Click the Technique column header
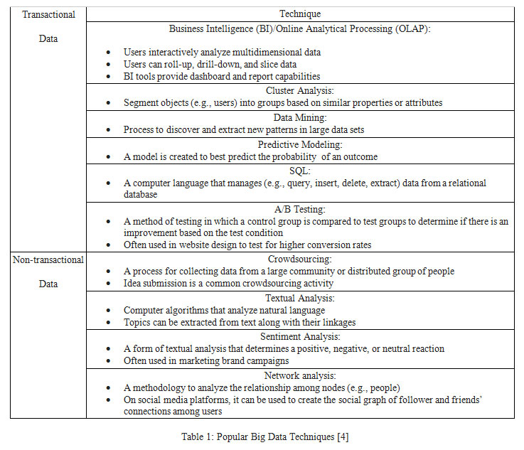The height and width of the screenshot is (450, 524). point(300,14)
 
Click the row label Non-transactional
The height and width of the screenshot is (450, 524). point(48,259)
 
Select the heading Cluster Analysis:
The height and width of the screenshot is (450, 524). point(299,91)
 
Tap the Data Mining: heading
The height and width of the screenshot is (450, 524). point(299,118)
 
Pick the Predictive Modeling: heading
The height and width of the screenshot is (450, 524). point(299,144)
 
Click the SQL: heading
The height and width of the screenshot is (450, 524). point(299,171)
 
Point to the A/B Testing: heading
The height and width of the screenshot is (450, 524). point(299,209)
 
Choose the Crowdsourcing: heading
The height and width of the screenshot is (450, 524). point(299,259)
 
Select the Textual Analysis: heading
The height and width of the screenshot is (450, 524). point(299,299)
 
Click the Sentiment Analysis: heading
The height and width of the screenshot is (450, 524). point(299,336)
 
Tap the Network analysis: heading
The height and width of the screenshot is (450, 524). point(299,375)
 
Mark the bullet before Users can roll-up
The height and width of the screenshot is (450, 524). point(107,64)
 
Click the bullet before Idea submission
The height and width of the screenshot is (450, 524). point(107,284)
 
